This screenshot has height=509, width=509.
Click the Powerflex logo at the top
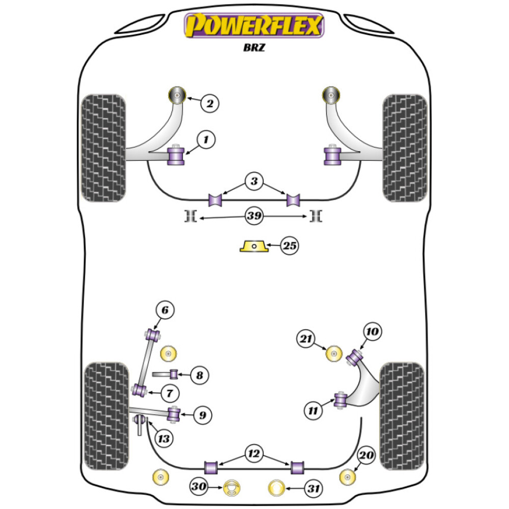[x=254, y=25]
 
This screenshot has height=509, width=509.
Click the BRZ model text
[x=254, y=50]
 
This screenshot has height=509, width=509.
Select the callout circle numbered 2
[x=209, y=104]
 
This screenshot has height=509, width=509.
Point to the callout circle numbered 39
[x=254, y=216]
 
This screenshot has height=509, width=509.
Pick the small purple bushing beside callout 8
[x=174, y=375]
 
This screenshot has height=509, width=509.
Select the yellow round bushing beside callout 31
[x=277, y=488]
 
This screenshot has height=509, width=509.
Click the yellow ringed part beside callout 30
[x=232, y=488]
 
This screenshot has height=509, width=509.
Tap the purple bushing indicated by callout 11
[x=340, y=400]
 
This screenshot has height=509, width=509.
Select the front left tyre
[x=103, y=148]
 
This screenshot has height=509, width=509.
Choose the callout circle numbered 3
[x=254, y=181]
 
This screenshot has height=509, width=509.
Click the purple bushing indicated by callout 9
[x=174, y=413]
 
